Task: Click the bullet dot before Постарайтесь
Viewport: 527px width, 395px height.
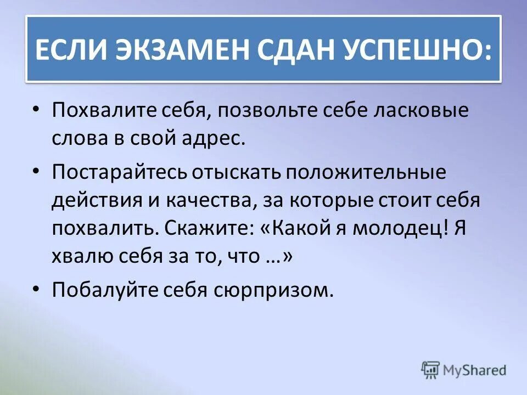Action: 36,171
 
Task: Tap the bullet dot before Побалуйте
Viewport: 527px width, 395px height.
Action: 36,288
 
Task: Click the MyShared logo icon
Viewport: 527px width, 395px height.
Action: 430,369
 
